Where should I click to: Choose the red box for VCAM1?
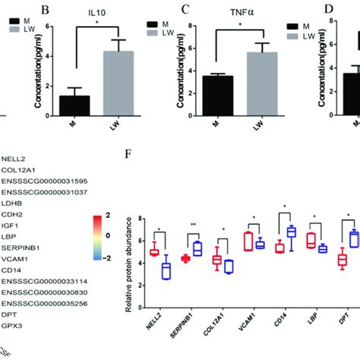pos(248,242)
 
